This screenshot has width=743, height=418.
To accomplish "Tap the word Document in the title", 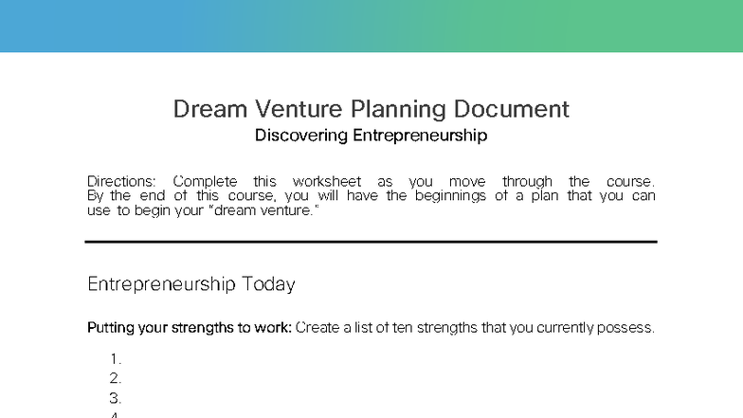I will coord(510,109).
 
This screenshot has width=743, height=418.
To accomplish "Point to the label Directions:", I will coord(122,181).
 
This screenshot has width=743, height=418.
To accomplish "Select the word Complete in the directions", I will coord(206,181).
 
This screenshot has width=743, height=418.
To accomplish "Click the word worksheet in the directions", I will coord(327,181).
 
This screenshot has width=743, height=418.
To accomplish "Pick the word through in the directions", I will coord(527,181).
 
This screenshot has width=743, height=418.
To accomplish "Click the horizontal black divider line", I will coord(371,242).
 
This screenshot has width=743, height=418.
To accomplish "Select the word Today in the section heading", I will coord(268,284).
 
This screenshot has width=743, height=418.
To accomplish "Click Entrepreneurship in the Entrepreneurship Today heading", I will coord(161,284).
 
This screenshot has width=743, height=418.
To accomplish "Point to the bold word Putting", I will coord(111,328).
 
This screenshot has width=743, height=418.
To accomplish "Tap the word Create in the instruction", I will coord(317,328).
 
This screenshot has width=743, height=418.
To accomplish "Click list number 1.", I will coord(116,359).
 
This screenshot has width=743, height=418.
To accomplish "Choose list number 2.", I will coord(116,379).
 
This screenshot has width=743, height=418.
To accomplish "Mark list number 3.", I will coord(116,398).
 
